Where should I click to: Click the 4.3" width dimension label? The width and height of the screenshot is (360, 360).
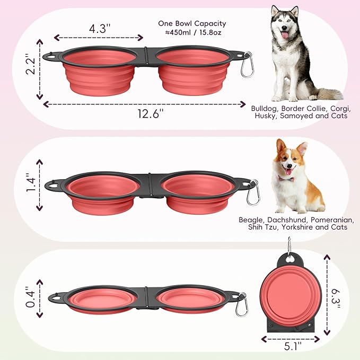point(99,29)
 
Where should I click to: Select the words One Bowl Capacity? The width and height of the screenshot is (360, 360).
point(192,23)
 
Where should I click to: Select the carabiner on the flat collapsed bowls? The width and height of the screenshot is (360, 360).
point(242,306)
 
